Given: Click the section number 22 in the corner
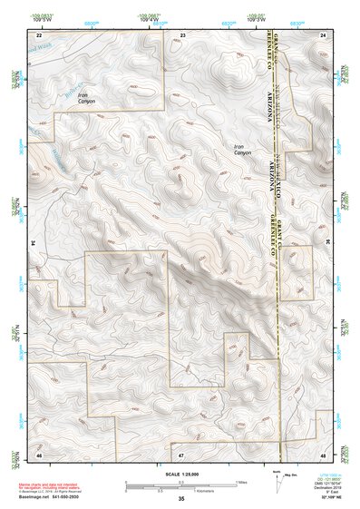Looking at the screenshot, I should point(39,34).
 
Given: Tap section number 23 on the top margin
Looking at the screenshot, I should point(182,34).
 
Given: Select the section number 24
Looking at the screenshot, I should point(323,34).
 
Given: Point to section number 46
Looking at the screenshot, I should point(39,454).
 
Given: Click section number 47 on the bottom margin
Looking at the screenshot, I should point(181,454).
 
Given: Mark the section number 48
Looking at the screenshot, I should point(323,454).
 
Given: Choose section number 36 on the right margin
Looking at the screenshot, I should point(328,243).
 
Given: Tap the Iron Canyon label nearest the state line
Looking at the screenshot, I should point(241,151).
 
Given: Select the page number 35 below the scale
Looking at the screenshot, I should point(181,499).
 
